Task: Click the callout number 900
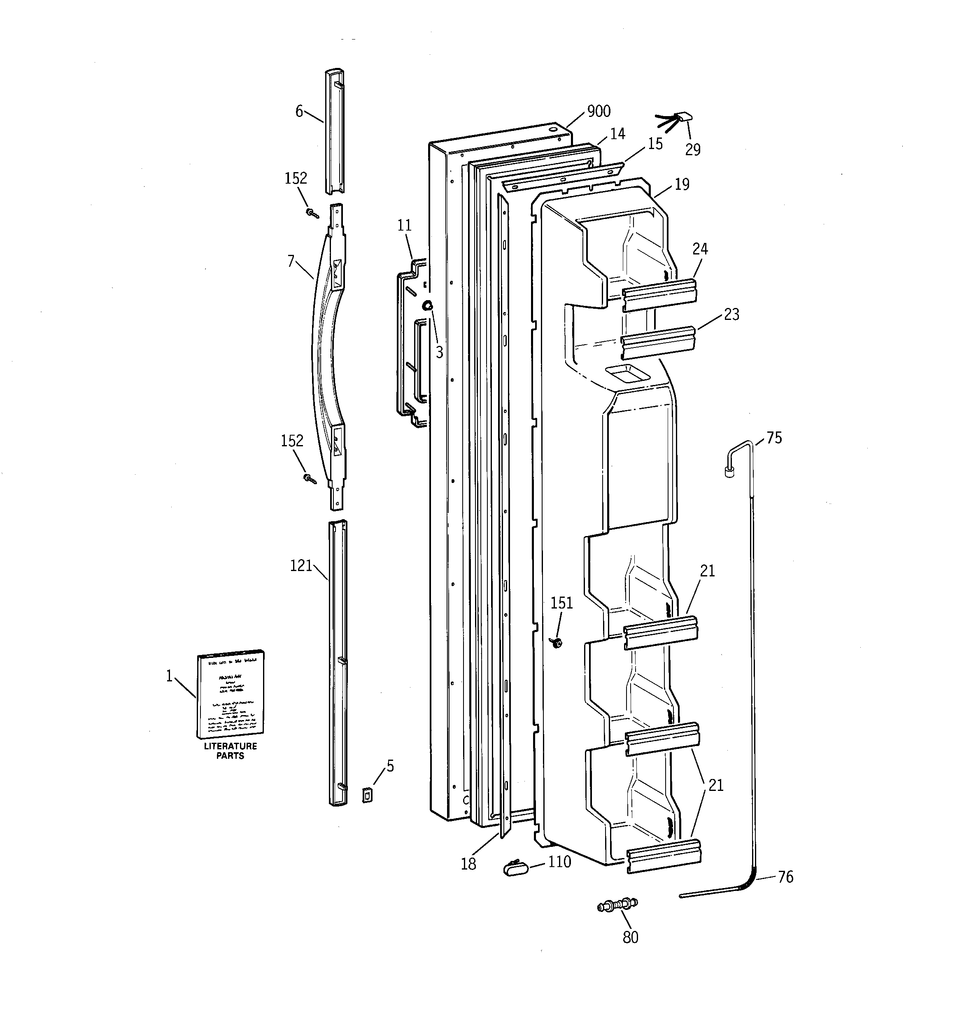pos(599,111)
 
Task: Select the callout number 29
pos(692,150)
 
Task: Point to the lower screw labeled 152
pos(309,479)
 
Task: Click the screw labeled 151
pos(556,642)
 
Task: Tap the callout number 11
pos(405,226)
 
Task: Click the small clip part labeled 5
pos(367,795)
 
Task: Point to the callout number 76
pos(785,877)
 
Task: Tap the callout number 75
pos(774,438)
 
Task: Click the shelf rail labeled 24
pos(659,295)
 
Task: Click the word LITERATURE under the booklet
pos(230,746)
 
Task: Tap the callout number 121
pos(301,565)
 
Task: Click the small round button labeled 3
pos(427,305)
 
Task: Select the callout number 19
pos(682,184)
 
